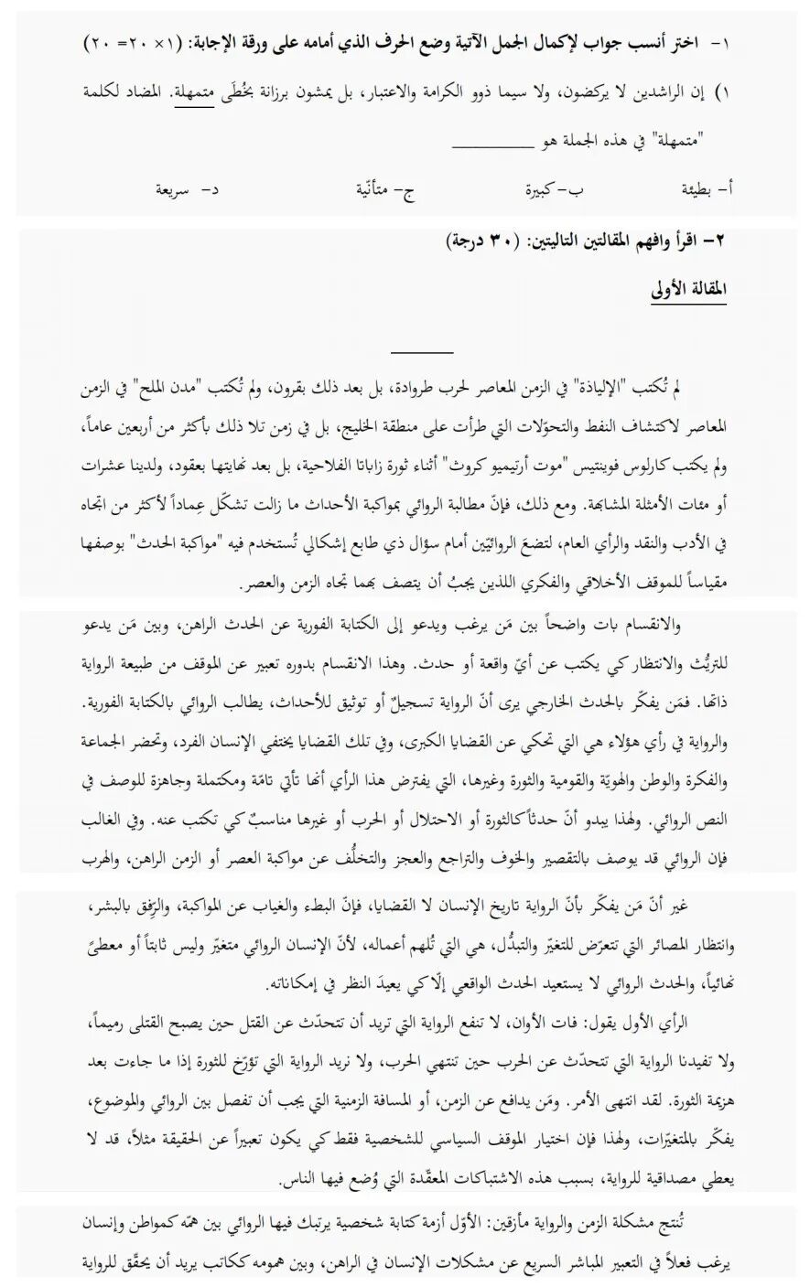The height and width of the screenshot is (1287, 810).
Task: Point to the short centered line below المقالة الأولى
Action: [422, 351]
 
